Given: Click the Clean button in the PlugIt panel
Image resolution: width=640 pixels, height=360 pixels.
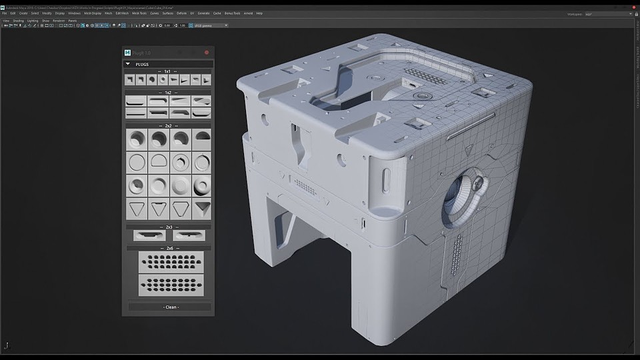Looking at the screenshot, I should [x=170, y=307].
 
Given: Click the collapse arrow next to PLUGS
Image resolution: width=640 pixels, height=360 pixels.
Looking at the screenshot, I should [x=128, y=65].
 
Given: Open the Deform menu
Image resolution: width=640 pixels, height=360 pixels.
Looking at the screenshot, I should [x=182, y=13].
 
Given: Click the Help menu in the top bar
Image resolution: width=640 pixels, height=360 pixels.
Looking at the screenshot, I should [x=259, y=13].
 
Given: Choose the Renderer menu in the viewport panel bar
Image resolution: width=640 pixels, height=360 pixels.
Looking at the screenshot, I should [x=58, y=21].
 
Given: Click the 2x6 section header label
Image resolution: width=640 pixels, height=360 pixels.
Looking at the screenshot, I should [x=169, y=248].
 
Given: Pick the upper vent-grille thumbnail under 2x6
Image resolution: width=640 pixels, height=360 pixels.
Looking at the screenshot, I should [x=169, y=262].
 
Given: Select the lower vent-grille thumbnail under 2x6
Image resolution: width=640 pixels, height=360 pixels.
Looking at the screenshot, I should [x=169, y=285].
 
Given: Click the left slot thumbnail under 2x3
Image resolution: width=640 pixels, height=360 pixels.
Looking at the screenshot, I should [x=149, y=235].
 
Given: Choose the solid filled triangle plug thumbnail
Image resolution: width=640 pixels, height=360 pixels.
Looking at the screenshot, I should [x=202, y=209].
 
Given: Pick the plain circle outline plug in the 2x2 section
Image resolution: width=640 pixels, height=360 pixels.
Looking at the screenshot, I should [x=137, y=162].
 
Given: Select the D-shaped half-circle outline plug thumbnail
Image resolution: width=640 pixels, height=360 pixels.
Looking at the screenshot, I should [x=159, y=162].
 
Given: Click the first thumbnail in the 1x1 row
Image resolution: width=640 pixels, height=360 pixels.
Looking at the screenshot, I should [x=131, y=80].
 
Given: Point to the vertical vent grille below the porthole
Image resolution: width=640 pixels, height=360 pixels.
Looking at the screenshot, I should [x=456, y=255].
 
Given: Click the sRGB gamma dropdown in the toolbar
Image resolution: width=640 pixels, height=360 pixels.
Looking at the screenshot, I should [x=216, y=25].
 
